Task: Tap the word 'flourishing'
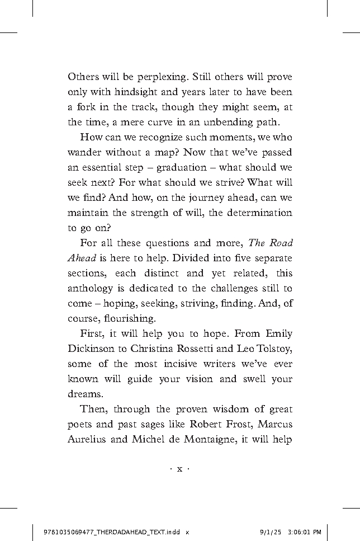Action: (x=127, y=319)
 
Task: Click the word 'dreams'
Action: (x=84, y=394)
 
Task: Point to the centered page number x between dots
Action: (x=180, y=469)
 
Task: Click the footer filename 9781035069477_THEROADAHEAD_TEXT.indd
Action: (x=112, y=532)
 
